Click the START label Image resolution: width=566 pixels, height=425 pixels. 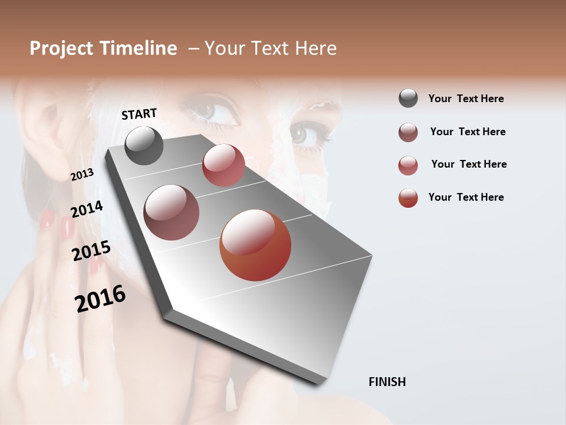point(139,114)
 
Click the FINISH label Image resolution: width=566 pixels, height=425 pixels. point(387,382)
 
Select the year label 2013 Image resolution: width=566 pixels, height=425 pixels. point(82,175)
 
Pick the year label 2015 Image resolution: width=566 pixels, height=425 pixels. point(91,251)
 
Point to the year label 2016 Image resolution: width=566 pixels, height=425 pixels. point(100,299)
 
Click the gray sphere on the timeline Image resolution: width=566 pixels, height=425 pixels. point(144,145)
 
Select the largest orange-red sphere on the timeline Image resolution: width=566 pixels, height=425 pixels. point(255,245)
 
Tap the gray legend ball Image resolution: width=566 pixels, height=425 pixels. point(408,99)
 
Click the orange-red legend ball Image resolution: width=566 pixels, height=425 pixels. point(408,197)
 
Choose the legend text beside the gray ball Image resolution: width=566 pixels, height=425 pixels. point(466,99)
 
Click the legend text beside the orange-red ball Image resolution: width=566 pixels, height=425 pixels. point(466,197)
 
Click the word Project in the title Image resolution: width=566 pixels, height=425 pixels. point(62,48)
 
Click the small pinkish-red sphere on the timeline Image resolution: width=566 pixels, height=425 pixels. point(223,165)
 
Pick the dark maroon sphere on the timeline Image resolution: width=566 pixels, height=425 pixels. point(171,212)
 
